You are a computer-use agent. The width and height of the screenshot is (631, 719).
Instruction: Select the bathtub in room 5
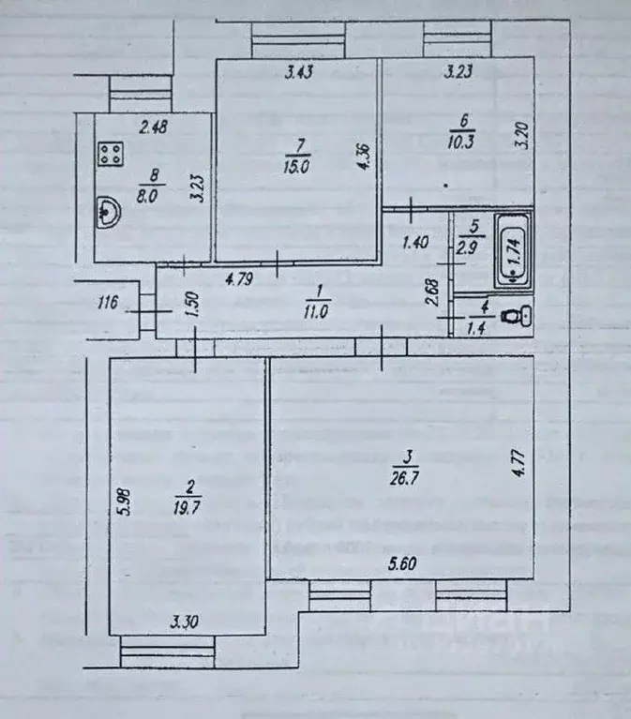(512, 247)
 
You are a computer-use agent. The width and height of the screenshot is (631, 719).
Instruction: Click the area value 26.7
(407, 468)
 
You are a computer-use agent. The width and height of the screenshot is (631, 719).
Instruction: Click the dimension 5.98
(124, 495)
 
